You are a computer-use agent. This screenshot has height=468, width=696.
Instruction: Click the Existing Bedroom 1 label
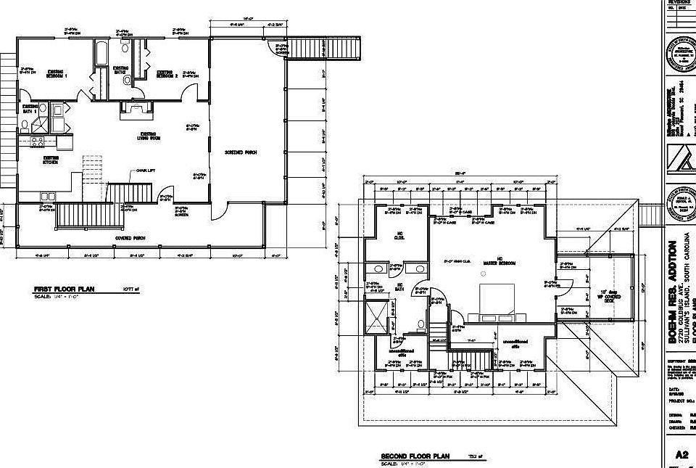point(57,73)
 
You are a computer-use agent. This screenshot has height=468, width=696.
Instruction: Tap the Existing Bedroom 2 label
point(167,74)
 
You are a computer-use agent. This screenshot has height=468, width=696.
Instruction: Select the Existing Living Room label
point(149,136)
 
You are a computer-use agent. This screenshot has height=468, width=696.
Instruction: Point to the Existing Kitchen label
point(51,160)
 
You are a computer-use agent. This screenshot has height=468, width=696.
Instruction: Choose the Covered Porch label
point(130,237)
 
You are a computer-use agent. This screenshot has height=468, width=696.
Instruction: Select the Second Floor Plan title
point(415,456)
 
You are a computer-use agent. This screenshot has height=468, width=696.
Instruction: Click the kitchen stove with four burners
point(37,141)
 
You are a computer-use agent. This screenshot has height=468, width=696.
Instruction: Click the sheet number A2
point(681,455)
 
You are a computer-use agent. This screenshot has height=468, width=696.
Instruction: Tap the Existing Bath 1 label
point(30,109)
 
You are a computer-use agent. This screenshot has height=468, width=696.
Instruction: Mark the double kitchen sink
point(47,196)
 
